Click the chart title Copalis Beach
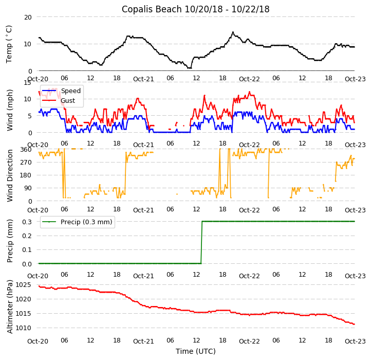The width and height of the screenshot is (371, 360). tap(195, 9)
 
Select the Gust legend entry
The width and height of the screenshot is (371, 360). tap(68, 101)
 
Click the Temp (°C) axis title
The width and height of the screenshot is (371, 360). tap(9, 44)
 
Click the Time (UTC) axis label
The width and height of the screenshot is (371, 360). tap(195, 351)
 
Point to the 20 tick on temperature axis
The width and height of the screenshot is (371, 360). tap(28, 17)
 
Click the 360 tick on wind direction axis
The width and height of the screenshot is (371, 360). tap(26, 149)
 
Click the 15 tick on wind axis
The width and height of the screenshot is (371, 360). tap(28, 82)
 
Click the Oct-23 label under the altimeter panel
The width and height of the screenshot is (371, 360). tap(355, 341)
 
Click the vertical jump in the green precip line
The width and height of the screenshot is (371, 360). tap(201, 243)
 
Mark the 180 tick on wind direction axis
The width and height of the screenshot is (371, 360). tap(26, 175)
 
